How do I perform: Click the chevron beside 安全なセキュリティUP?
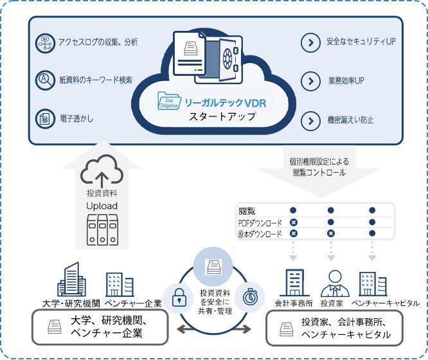click(x=311, y=43)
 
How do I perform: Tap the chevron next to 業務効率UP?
click(x=311, y=81)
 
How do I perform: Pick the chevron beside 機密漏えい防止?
click(x=311, y=120)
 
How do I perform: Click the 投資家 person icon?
click(x=332, y=283)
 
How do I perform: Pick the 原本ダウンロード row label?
click(x=260, y=234)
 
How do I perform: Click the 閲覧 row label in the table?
click(x=247, y=210)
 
